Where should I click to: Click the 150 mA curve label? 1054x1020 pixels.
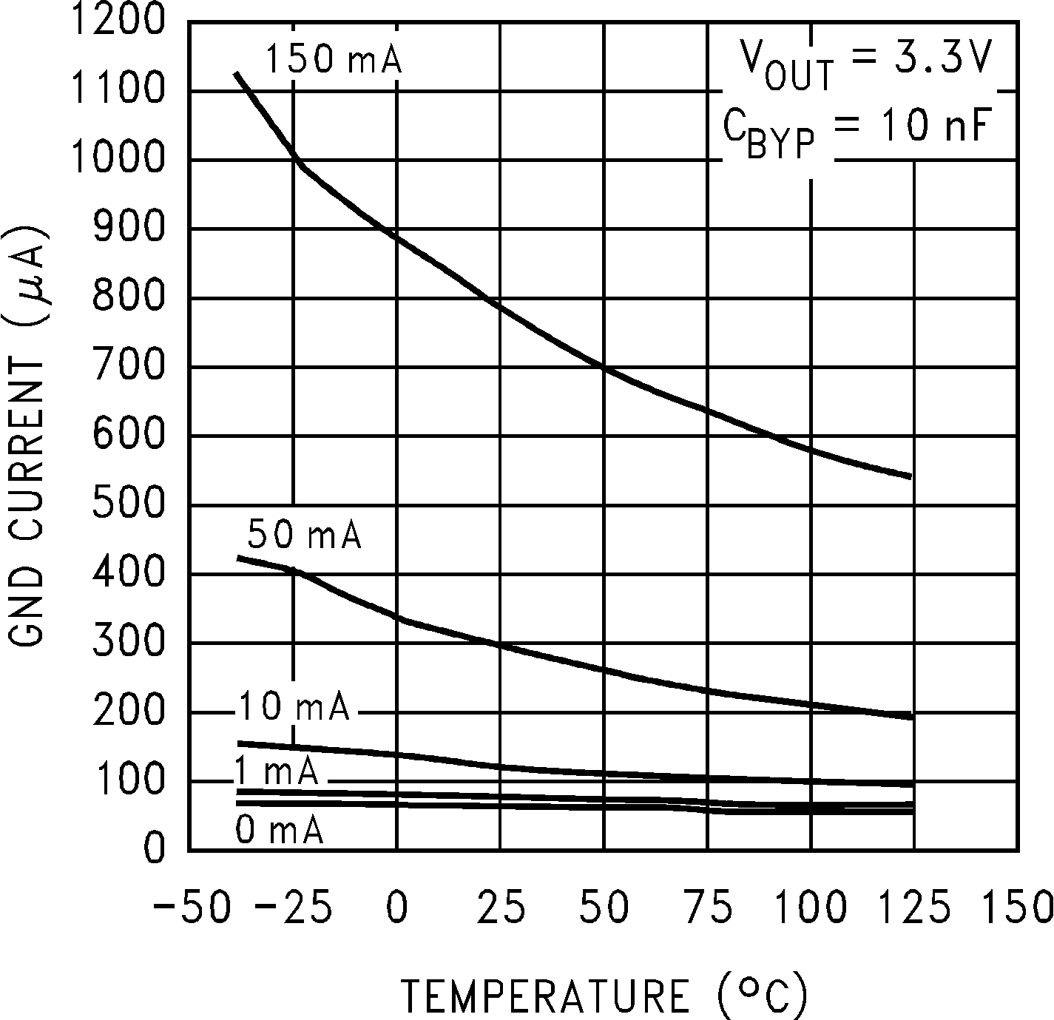point(333,59)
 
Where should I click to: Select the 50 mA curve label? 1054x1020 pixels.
point(304,535)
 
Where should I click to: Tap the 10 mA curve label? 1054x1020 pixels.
point(294,708)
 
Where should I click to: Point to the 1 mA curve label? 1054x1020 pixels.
point(277,772)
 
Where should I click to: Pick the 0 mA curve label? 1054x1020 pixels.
point(280,830)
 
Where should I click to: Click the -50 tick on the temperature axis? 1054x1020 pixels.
point(192,907)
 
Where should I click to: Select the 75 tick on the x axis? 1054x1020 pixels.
point(708,907)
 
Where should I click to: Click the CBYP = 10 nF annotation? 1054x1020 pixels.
point(856,132)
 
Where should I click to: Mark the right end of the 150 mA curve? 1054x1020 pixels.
point(911,476)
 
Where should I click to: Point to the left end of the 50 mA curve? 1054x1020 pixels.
point(238,557)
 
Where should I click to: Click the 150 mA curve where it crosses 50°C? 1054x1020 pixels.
point(604,367)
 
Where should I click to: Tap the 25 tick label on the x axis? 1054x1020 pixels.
point(501,907)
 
